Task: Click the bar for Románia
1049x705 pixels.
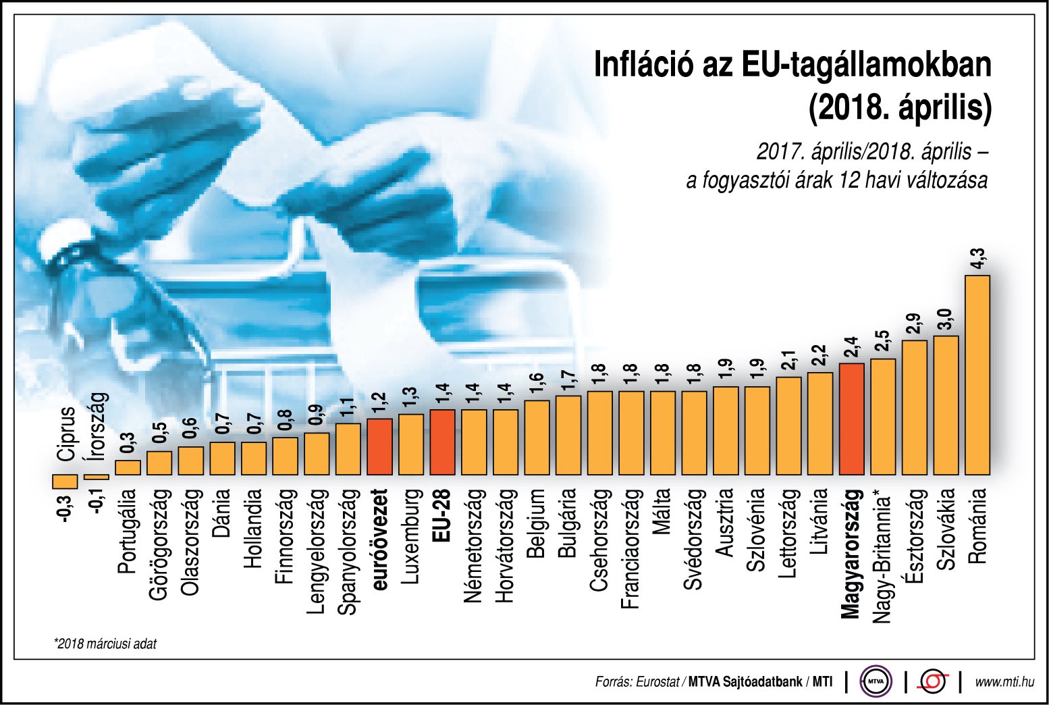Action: tap(977, 375)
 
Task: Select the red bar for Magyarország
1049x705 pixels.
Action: tap(851, 419)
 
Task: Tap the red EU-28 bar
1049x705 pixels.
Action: tap(442, 442)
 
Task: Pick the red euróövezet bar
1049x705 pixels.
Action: tap(379, 446)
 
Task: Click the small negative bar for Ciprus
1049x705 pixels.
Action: tap(65, 481)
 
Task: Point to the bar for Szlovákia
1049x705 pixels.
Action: tap(946, 405)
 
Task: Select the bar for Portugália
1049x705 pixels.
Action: tap(128, 467)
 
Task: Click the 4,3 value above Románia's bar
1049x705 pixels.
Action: tap(977, 259)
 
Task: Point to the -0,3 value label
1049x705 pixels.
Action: tap(64, 508)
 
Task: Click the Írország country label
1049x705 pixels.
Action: tap(97, 426)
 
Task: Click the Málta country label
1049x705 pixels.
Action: tap(662, 512)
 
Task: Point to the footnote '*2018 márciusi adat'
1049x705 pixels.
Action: tap(105, 644)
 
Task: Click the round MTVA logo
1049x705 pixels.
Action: tap(876, 681)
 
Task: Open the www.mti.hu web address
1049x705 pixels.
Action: tap(1004, 682)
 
